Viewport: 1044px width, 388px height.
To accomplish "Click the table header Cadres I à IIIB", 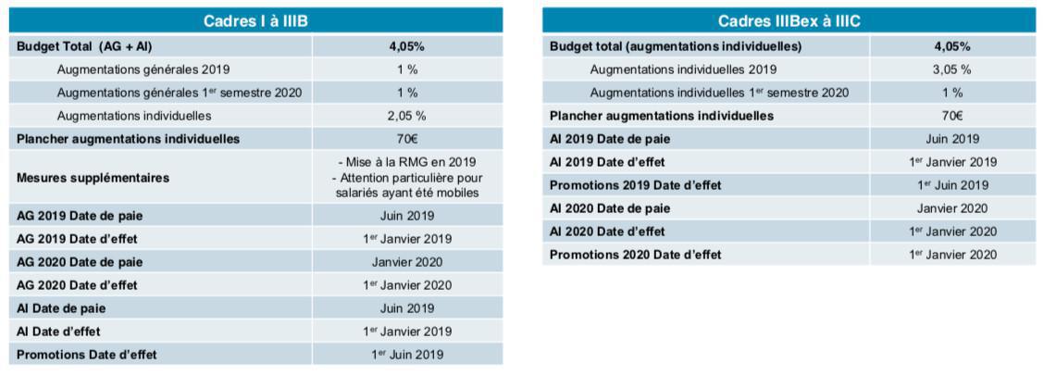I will [256, 21].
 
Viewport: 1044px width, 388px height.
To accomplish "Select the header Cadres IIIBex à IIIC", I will [789, 21].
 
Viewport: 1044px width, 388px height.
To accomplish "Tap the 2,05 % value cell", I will [407, 116].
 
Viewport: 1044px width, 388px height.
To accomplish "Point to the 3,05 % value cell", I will [953, 69].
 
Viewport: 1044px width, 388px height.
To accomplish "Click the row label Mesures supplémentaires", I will [93, 178].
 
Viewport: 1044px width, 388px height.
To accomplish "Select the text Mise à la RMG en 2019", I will [407, 162].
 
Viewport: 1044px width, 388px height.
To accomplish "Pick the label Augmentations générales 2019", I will [143, 69].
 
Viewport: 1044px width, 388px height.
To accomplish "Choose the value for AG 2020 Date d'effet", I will [407, 285].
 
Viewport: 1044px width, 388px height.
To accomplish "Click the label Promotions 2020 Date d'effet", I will [635, 255].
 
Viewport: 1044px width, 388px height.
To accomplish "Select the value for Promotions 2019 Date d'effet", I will [953, 185].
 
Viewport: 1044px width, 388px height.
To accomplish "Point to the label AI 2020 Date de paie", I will [611, 208].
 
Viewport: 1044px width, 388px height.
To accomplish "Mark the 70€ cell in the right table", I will [953, 116].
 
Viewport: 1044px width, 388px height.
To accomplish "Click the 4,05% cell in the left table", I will [407, 45].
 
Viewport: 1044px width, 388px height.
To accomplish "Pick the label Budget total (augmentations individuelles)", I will [676, 45].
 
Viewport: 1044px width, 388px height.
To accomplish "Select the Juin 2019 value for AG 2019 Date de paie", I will [407, 216].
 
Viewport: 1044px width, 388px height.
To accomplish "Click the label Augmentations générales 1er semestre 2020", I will [179, 93].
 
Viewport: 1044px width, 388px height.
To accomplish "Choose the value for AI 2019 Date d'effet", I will [953, 162].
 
